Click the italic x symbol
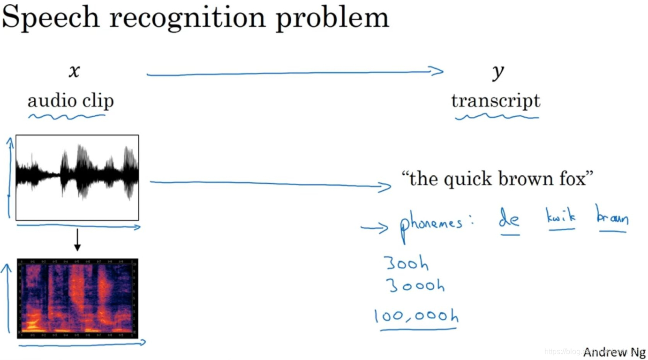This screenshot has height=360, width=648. pyautogui.click(x=74, y=71)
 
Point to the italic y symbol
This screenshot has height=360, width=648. pyautogui.click(x=497, y=72)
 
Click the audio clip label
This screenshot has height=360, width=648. pyautogui.click(x=70, y=101)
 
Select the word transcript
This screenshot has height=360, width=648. pyautogui.click(x=496, y=101)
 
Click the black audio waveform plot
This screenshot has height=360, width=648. pyautogui.click(x=77, y=177)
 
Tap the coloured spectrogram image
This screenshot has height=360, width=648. pyautogui.click(x=78, y=298)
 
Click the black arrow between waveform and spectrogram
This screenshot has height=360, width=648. pyautogui.click(x=78, y=240)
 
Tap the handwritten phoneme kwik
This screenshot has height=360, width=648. pyautogui.click(x=561, y=217)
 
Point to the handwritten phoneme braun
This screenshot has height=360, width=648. pyautogui.click(x=612, y=217)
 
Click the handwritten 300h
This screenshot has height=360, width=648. pyautogui.click(x=406, y=263)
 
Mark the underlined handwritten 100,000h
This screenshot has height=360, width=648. pyautogui.click(x=416, y=317)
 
